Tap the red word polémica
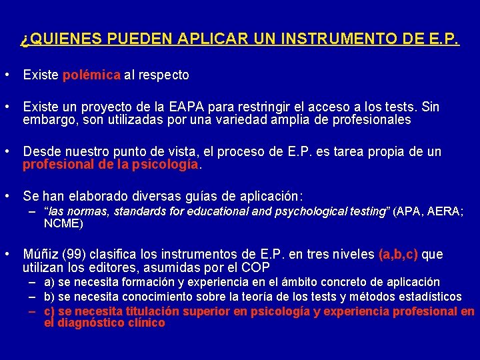91,75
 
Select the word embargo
47,121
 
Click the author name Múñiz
41,255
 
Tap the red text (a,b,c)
397,255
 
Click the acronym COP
257,268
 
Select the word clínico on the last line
143,323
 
